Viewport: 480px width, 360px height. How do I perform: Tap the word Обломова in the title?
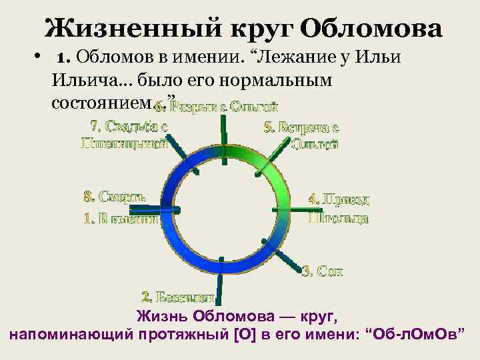click(371, 28)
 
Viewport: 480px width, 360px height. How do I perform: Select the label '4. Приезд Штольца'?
click(339, 208)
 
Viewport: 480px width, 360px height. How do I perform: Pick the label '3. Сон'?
click(323, 271)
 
